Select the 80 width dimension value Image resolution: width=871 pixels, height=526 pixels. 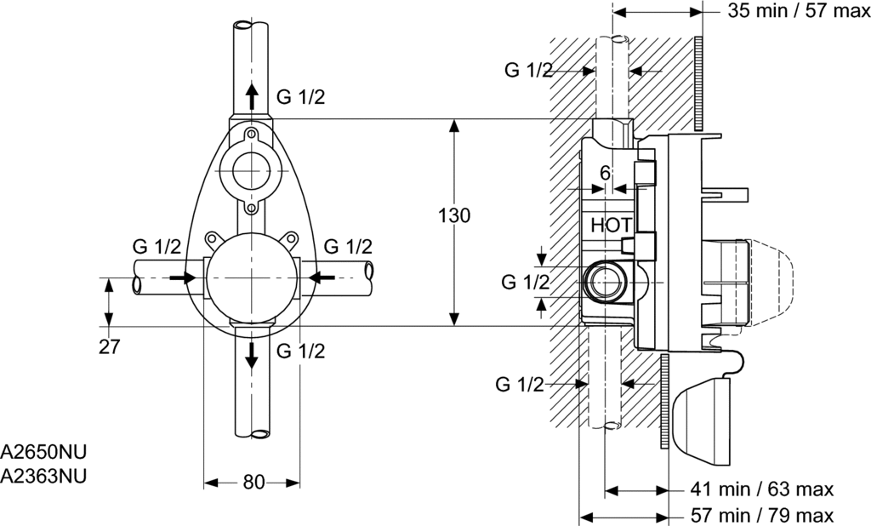pyautogui.click(x=253, y=483)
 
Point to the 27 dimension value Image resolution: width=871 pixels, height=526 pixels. pyautogui.click(x=110, y=347)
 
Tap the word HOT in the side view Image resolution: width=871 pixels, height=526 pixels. pyautogui.click(x=612, y=226)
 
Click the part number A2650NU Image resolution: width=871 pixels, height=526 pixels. pyautogui.click(x=43, y=452)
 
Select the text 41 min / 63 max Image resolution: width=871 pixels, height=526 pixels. pyautogui.click(x=761, y=489)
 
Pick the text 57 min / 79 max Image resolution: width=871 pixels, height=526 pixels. pyautogui.click(x=761, y=514)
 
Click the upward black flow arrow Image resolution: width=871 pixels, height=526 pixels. pyautogui.click(x=252, y=95)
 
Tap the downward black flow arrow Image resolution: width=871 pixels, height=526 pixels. pyautogui.click(x=252, y=355)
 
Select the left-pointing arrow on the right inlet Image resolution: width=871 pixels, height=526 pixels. pyautogui.click(x=322, y=277)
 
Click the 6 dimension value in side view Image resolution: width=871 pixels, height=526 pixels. pyautogui.click(x=605, y=173)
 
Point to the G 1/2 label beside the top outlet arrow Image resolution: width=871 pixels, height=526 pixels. pyautogui.click(x=301, y=96)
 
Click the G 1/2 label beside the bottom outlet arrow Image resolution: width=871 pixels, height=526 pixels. pyautogui.click(x=301, y=351)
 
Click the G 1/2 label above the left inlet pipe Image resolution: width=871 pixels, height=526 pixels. pyautogui.click(x=157, y=248)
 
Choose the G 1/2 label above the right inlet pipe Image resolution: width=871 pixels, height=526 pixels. pyautogui.click(x=348, y=248)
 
